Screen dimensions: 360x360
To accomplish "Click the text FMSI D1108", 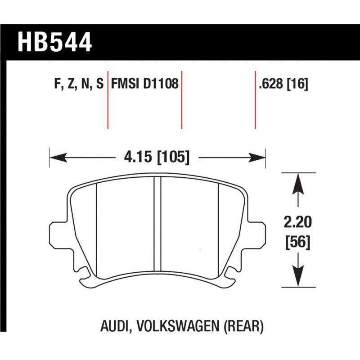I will pyautogui.click(x=145, y=84).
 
